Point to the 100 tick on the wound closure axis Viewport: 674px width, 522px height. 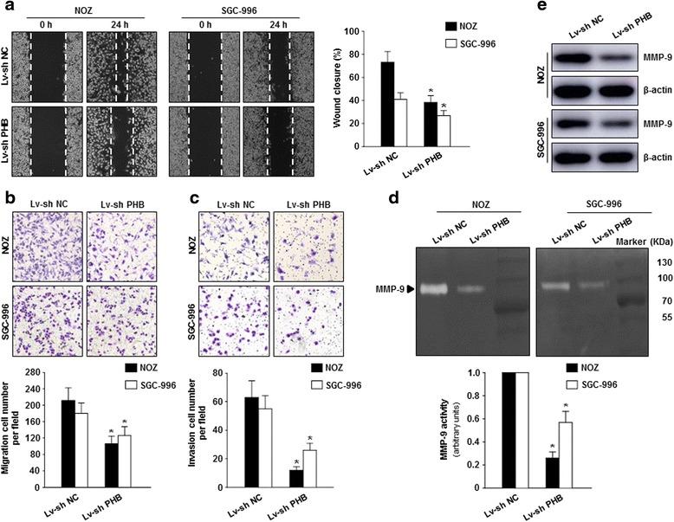pos(370,31)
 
